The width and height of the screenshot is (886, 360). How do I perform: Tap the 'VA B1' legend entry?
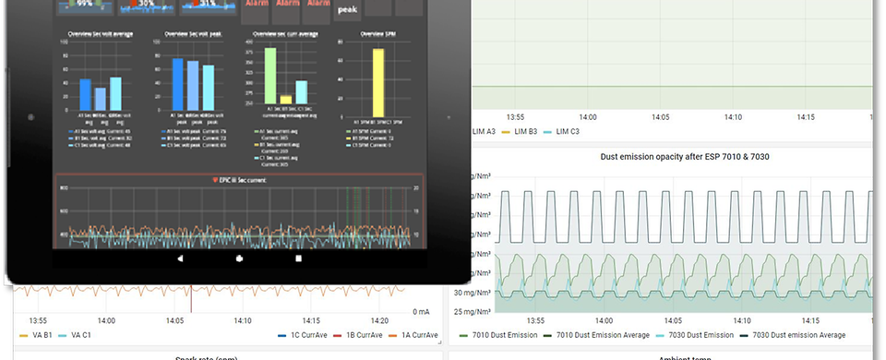pos(36,334)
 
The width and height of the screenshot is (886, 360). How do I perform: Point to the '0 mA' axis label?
pos(421,311)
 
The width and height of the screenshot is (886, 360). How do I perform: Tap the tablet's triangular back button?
pos(180,259)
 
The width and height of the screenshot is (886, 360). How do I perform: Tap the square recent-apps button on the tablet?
pos(298,259)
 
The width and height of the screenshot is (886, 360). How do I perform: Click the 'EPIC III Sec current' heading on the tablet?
pos(239,179)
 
